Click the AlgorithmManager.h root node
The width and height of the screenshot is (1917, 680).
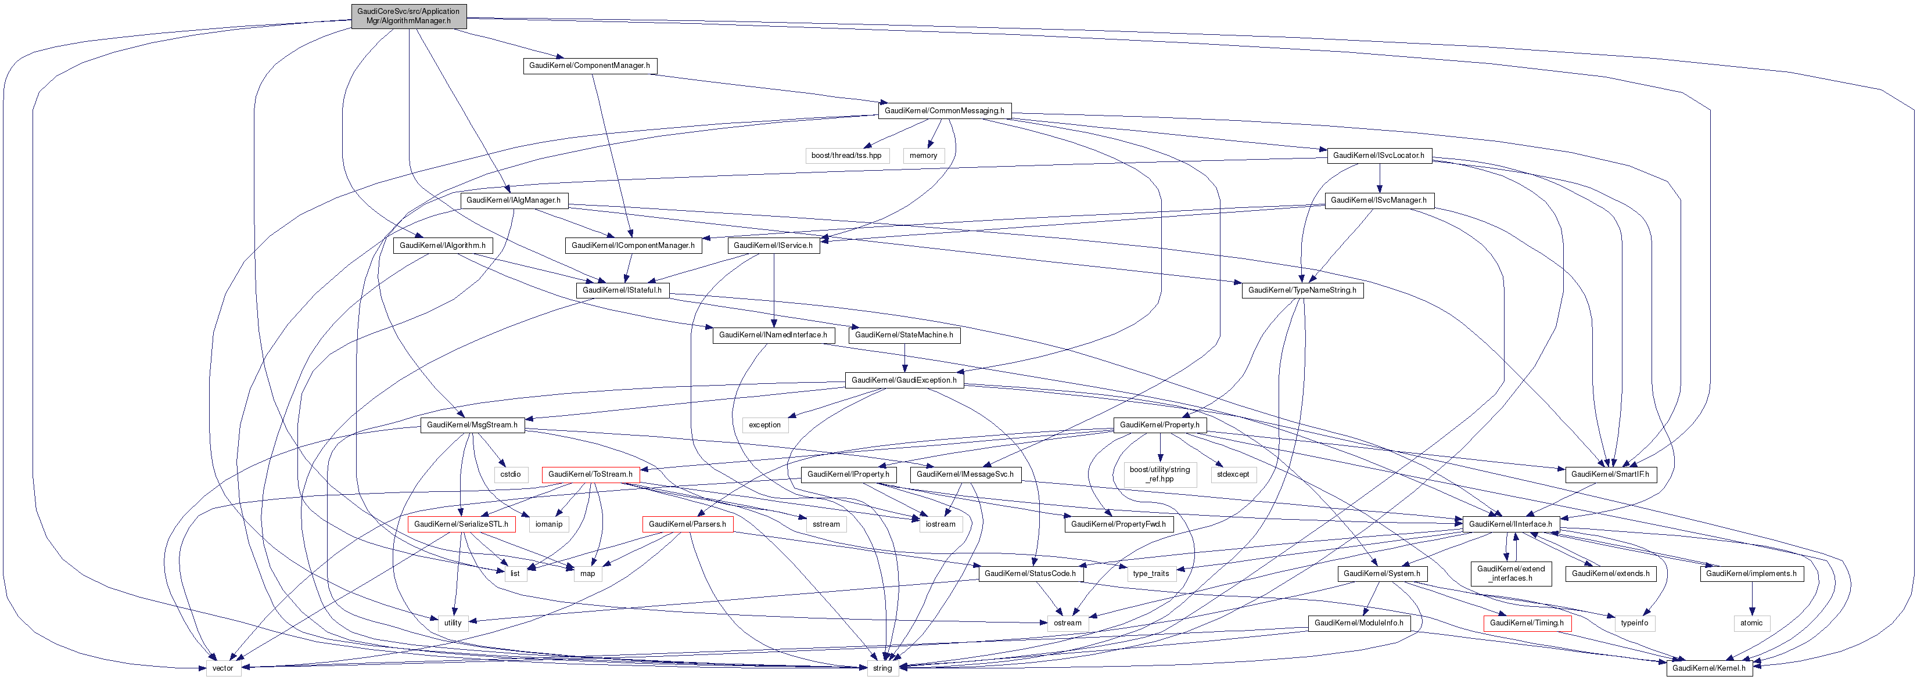tap(408, 16)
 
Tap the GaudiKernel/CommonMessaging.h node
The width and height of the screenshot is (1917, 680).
tap(943, 111)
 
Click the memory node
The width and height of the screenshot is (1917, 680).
tap(923, 156)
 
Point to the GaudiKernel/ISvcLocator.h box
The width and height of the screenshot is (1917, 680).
tap(1378, 156)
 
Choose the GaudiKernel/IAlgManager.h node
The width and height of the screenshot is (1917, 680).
tap(513, 200)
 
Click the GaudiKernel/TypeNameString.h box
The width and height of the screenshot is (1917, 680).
tap(1302, 290)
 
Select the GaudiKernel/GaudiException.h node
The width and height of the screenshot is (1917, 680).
tap(903, 380)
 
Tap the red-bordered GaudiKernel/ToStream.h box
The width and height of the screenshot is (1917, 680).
tap(590, 474)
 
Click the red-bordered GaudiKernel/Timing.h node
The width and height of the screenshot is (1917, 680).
tap(1525, 623)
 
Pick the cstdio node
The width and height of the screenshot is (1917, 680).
tap(510, 474)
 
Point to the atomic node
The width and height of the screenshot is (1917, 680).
tap(1750, 623)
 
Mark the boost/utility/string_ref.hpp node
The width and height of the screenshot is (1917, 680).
tap(1159, 474)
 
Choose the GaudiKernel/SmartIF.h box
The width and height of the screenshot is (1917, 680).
tap(1610, 474)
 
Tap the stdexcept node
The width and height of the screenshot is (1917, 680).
tap(1233, 474)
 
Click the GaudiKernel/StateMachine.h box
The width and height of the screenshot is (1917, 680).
tap(903, 335)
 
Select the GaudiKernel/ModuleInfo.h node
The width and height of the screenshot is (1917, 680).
tap(1358, 623)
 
